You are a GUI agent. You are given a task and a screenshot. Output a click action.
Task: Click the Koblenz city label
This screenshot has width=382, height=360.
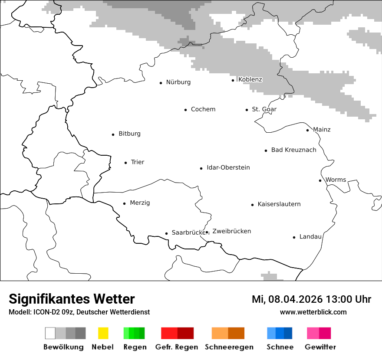coord(250,79)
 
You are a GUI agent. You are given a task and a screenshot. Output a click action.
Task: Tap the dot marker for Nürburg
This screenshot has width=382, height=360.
coord(161,82)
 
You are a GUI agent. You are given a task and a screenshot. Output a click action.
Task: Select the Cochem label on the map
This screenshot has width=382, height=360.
coord(203,109)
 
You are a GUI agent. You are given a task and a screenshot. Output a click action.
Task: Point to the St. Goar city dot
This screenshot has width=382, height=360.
coord(247,110)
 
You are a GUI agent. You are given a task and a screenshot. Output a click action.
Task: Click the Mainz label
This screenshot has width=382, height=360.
coord(321,130)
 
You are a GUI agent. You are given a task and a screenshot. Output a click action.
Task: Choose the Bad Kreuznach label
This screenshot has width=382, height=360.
coord(293,150)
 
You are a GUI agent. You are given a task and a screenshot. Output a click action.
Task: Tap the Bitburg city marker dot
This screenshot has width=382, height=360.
coord(113,134)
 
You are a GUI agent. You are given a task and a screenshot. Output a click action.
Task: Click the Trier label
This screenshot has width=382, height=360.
coord(137,162)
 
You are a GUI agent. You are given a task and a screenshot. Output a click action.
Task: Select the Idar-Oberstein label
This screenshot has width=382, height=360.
coord(228,168)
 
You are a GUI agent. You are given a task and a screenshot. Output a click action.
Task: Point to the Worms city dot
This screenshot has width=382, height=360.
coord(320,180)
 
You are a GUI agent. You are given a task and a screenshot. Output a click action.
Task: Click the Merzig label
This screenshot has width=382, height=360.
coord(140,203)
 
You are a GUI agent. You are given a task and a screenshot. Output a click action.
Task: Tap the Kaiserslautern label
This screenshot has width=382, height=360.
coord(279,204)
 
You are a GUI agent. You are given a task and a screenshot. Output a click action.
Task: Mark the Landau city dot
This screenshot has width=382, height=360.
coord(294,237)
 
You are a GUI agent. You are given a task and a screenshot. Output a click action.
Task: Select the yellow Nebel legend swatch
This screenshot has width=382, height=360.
coord(103,333)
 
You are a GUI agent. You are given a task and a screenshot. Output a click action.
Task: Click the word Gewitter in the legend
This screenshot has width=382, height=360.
coord(320,347)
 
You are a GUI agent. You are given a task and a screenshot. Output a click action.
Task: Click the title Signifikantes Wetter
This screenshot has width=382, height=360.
coord(72,299)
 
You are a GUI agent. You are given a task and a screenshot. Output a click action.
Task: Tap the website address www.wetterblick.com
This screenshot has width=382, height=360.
coord(313,312)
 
